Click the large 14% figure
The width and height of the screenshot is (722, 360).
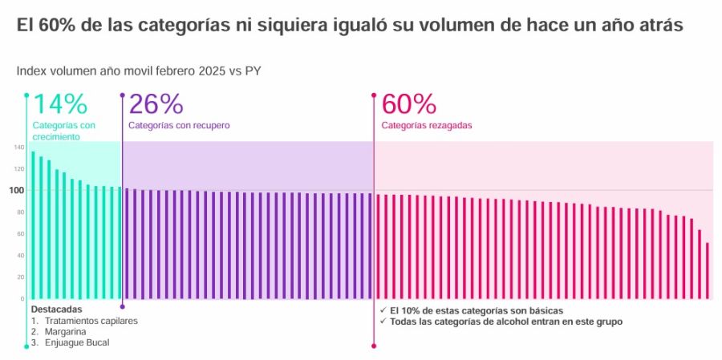(59, 104)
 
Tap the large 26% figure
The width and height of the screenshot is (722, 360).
(156, 104)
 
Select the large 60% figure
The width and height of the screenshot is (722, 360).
(408, 104)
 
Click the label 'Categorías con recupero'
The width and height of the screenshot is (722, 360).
(179, 126)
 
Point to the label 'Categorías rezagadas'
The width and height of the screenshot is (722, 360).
(426, 126)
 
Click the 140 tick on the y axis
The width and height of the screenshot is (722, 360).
(18, 148)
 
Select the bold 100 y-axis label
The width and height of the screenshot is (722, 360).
(18, 190)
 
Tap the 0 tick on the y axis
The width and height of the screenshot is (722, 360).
(23, 299)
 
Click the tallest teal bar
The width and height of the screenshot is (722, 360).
(33, 224)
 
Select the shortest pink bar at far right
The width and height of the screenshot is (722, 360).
(707, 270)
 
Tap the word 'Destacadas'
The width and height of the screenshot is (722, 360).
(56, 309)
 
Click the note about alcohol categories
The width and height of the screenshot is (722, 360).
(505, 322)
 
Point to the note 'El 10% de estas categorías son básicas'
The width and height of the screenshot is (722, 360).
(476, 310)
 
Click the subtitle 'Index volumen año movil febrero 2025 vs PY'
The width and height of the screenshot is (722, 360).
(138, 71)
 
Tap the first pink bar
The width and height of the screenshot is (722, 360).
(378, 246)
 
